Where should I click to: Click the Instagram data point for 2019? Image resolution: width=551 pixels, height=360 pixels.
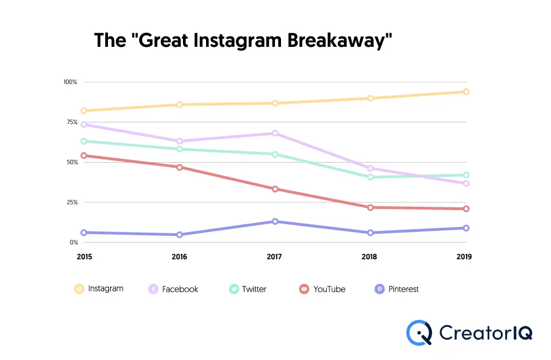pyautogui.click(x=466, y=92)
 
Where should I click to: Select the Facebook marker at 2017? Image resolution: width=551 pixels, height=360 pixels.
pyautogui.click(x=275, y=133)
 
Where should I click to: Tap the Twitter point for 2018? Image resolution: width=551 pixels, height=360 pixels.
pyautogui.click(x=370, y=177)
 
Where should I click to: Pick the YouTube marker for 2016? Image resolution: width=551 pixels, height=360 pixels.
pyautogui.click(x=180, y=167)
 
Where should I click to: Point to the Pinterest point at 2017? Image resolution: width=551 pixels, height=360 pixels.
pyautogui.click(x=275, y=222)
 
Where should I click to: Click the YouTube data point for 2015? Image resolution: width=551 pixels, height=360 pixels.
pyautogui.click(x=84, y=155)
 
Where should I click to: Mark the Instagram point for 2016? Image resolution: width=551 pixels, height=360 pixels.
pyautogui.click(x=180, y=104)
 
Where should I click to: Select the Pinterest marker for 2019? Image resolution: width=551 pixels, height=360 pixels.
pyautogui.click(x=466, y=228)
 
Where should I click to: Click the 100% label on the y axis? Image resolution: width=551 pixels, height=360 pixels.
pyautogui.click(x=70, y=82)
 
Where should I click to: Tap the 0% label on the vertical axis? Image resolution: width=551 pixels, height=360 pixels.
pyautogui.click(x=73, y=243)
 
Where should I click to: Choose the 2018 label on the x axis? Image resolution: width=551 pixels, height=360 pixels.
pyautogui.click(x=370, y=257)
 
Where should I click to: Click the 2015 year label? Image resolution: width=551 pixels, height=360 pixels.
pyautogui.click(x=84, y=257)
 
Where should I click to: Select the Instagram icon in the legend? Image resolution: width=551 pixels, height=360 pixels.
pyautogui.click(x=79, y=289)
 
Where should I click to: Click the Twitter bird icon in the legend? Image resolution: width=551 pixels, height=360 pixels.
pyautogui.click(x=234, y=289)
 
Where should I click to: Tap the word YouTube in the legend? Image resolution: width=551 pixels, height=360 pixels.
pyautogui.click(x=329, y=289)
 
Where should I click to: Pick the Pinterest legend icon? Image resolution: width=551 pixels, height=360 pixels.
pyautogui.click(x=379, y=289)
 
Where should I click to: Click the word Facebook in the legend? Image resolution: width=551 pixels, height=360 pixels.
pyautogui.click(x=180, y=289)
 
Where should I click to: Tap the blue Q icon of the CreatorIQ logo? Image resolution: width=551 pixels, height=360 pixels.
pyautogui.click(x=419, y=332)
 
